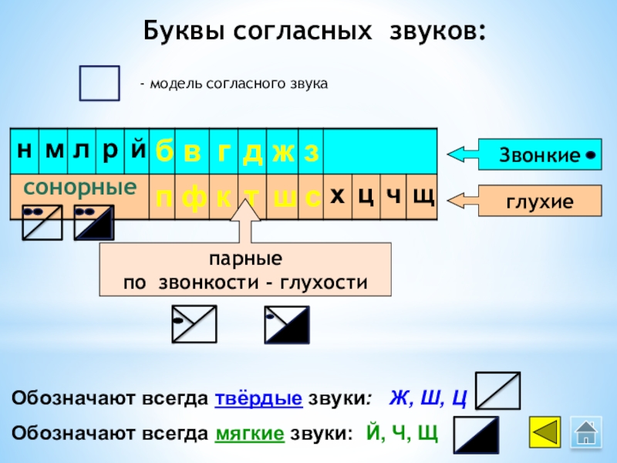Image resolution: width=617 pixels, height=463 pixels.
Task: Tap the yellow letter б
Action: tap(164, 152)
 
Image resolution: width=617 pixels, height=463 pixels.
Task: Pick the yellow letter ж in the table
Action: tap(282, 152)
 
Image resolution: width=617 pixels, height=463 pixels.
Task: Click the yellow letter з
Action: tap(310, 152)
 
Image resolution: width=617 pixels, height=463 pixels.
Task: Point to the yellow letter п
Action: tap(164, 198)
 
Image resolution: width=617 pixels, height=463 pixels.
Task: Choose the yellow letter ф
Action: tap(194, 198)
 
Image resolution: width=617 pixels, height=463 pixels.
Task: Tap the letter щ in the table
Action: tap(422, 197)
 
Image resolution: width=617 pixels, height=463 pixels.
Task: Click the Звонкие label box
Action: tap(540, 155)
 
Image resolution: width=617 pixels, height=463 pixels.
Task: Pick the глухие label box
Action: tap(539, 201)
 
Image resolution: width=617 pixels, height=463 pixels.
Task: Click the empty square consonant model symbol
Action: tap(99, 83)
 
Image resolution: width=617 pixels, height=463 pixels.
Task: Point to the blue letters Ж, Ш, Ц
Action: tap(428, 399)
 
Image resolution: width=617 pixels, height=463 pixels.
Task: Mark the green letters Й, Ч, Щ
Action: tap(403, 432)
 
